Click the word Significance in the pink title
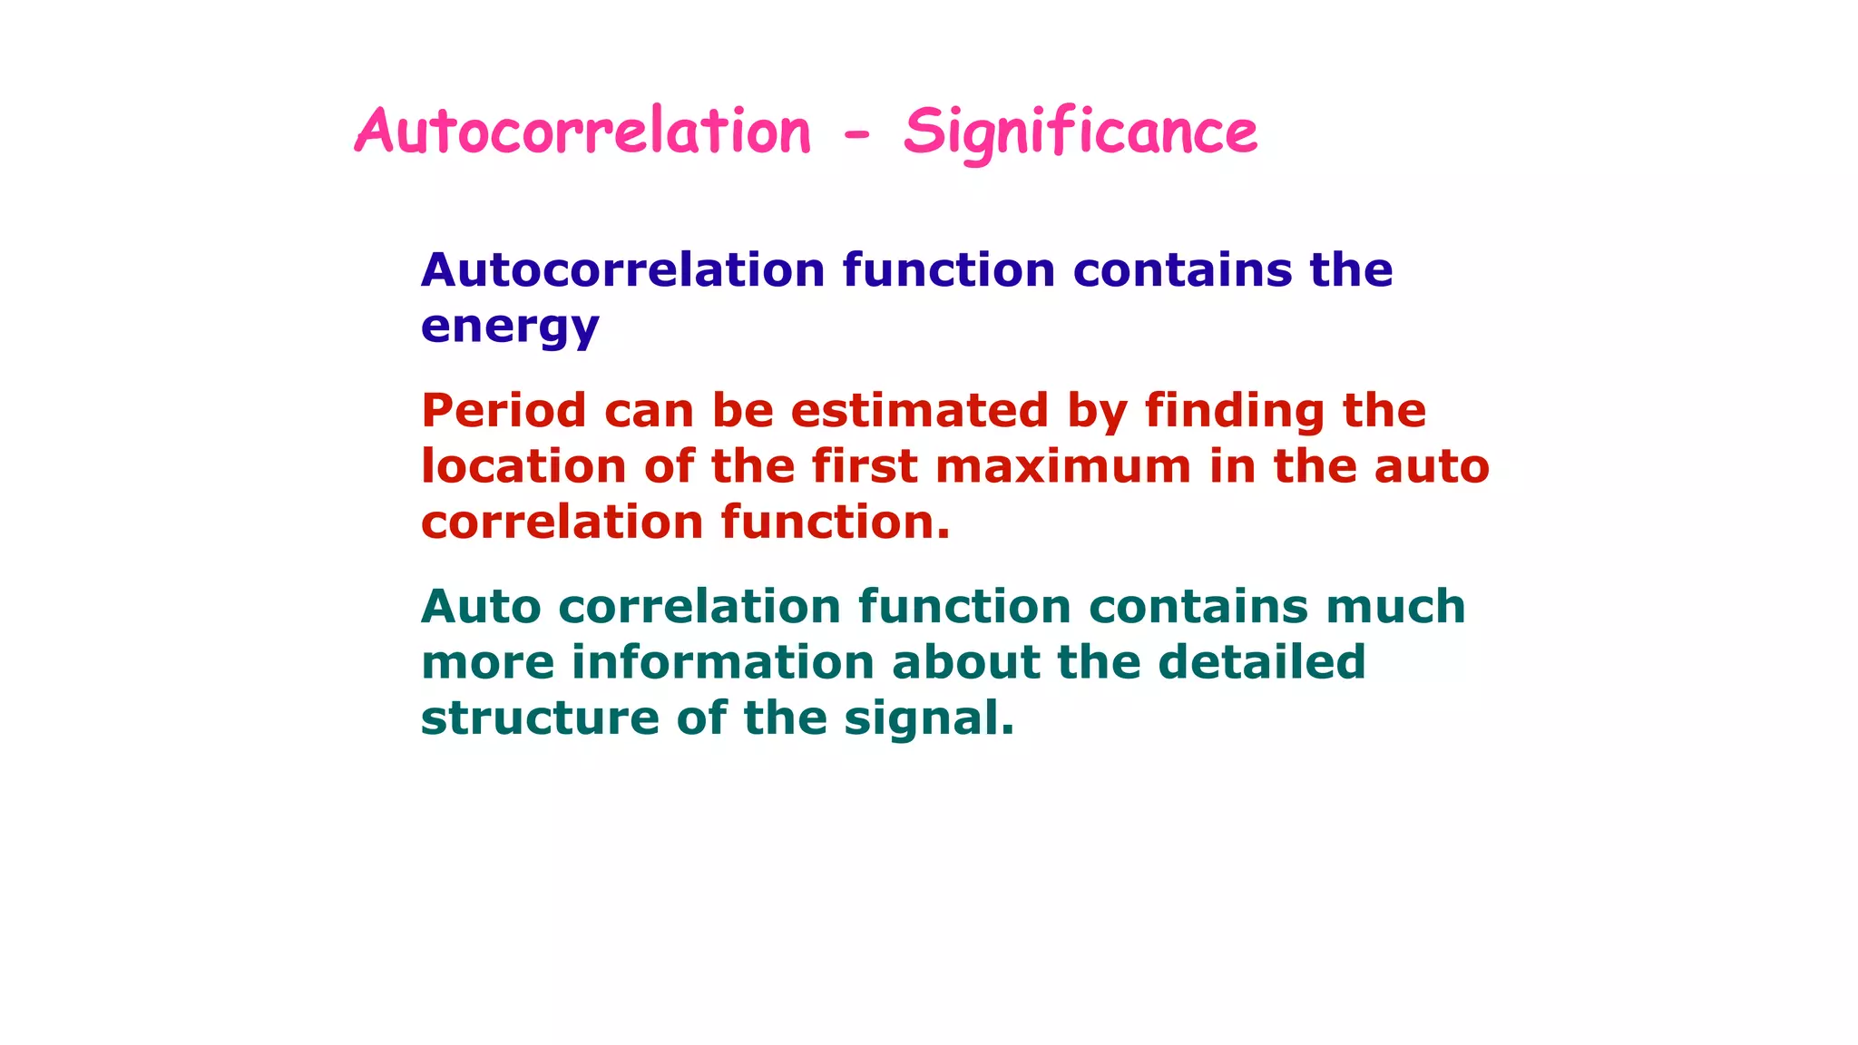point(1080,132)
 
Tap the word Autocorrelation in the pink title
point(582,132)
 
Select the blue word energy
point(510,327)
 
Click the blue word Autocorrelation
point(622,270)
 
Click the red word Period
point(504,410)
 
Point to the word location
point(523,466)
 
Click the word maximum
point(1062,466)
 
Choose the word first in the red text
point(864,466)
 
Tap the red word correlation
point(562,522)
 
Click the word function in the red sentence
point(835,522)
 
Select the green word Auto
point(481,606)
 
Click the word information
point(722,662)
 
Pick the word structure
point(540,718)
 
